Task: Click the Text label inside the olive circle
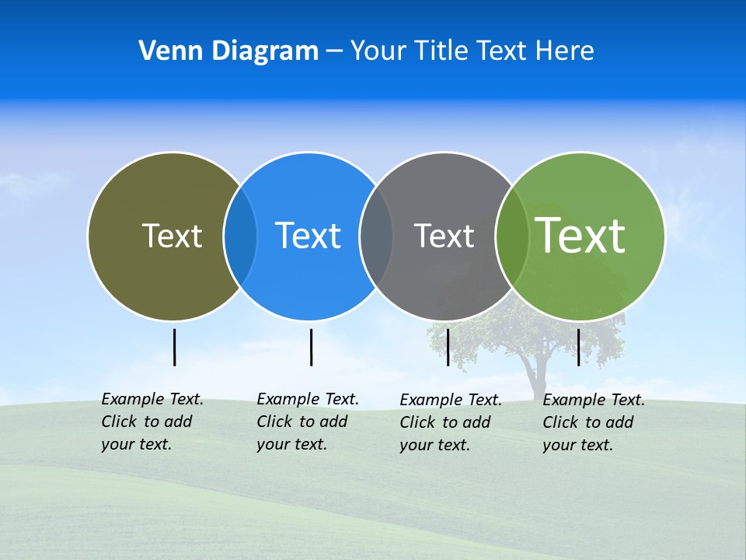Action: [x=172, y=236]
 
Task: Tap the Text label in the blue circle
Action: [x=308, y=236]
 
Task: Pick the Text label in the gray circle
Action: [x=444, y=236]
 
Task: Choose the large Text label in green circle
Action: [x=580, y=235]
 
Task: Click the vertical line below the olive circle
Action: [x=174, y=347]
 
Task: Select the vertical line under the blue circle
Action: [x=311, y=347]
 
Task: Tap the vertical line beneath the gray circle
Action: [x=448, y=347]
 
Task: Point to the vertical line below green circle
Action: [x=578, y=347]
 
